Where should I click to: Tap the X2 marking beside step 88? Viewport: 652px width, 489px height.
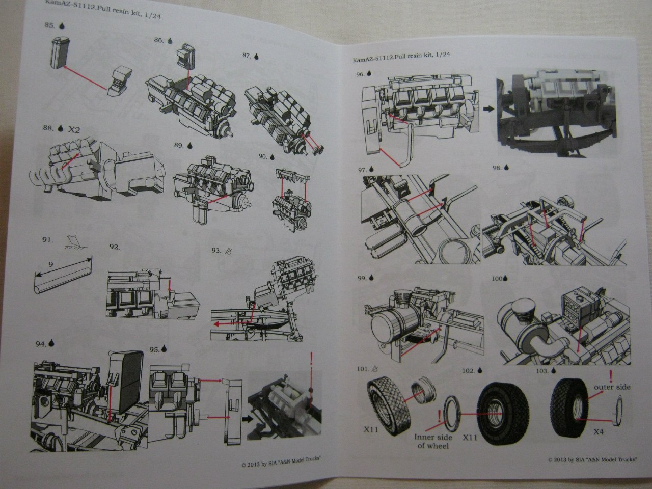tap(74, 129)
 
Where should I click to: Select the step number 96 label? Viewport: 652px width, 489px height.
tap(360, 74)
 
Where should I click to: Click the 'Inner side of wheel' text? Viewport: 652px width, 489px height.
tap(431, 441)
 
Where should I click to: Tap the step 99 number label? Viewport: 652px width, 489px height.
tap(362, 278)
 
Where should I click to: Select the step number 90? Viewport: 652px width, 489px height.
tap(263, 156)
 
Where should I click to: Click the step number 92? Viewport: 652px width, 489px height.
tap(115, 247)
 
